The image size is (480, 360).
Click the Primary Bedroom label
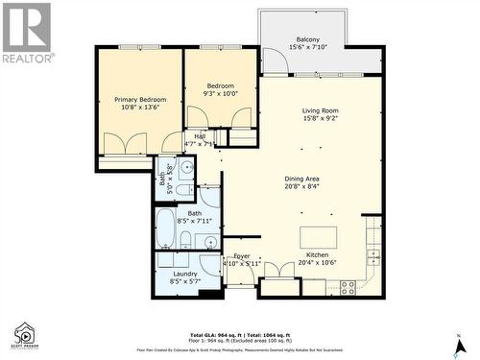[140, 100]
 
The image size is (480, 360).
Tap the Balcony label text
[307, 40]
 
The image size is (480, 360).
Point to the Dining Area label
[301, 178]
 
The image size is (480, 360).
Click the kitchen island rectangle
[319, 238]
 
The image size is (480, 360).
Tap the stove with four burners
[348, 286]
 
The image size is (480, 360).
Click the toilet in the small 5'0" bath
[186, 166]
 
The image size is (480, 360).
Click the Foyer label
[242, 256]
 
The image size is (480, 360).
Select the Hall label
[200, 136]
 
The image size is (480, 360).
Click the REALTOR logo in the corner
[25, 33]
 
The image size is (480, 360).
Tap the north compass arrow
[460, 343]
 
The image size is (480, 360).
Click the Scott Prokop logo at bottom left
[23, 335]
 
